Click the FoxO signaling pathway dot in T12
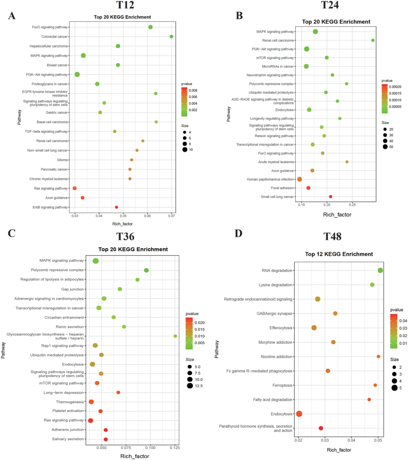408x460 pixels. tap(150, 27)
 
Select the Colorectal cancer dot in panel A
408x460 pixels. tap(172, 37)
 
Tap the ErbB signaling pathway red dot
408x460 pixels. tap(116, 207)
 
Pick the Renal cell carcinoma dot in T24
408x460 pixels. tap(373, 40)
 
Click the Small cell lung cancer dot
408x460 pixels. tap(331, 197)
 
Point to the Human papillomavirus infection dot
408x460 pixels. tap(300, 179)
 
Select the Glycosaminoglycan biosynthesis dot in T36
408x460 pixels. tap(175, 336)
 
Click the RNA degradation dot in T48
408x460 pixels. tap(380, 270)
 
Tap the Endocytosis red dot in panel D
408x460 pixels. tap(299, 414)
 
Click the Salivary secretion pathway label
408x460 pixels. tap(68, 439)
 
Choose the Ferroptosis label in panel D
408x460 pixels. tap(282, 385)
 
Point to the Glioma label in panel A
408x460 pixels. tap(62, 160)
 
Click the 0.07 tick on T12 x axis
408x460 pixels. tap(172, 216)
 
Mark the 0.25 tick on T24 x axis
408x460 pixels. tap(352, 205)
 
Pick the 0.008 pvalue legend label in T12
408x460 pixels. tap(193, 90)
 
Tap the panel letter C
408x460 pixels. tap(11, 233)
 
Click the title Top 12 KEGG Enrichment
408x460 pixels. tap(339, 254)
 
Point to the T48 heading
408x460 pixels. tap(332, 236)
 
